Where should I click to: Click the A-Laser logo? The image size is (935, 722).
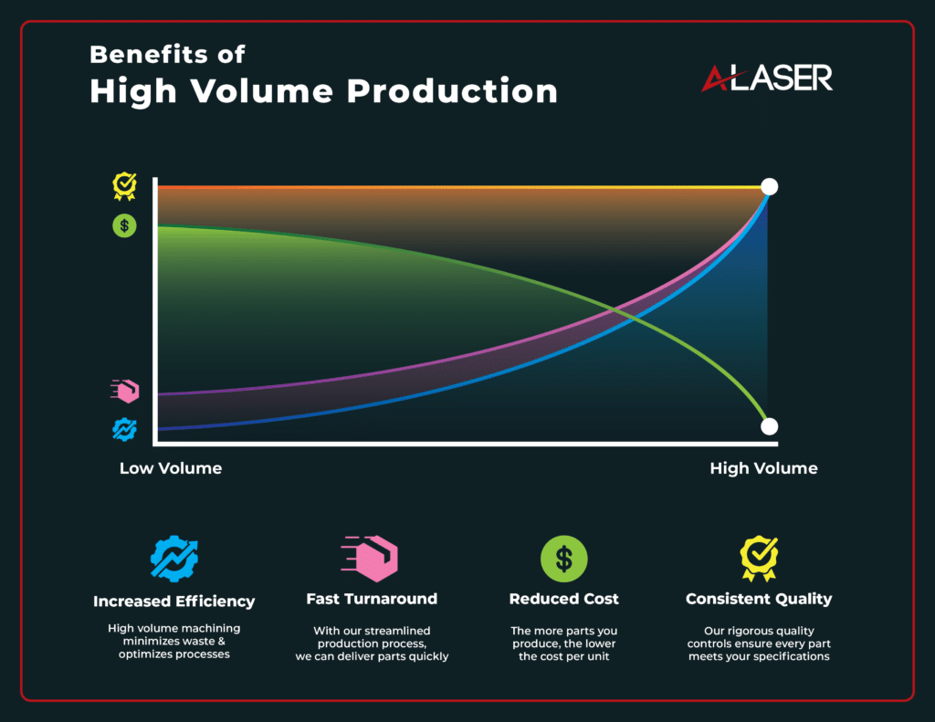coord(767,78)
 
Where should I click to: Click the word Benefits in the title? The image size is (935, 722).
coord(149,54)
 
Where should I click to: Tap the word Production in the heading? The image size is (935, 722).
coord(452,91)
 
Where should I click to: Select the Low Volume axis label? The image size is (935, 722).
coord(171,468)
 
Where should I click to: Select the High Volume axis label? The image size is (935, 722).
coord(763,468)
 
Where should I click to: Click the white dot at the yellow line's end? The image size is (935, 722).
coord(769,186)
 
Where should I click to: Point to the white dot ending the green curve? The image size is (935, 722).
coord(769,426)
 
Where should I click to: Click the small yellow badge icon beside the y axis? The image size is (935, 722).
coord(124,186)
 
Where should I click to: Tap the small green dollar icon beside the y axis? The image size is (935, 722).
coord(124,226)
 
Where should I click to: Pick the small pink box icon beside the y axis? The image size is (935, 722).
coord(125,391)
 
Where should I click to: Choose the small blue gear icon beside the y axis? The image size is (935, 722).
coord(124,429)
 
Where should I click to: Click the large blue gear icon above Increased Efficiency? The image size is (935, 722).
coord(174,559)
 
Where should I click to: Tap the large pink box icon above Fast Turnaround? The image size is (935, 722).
coord(370,559)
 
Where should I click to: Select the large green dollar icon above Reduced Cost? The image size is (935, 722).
coord(564,559)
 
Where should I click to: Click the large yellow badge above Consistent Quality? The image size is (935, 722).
coord(759,559)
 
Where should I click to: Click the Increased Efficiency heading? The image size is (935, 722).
coord(174,601)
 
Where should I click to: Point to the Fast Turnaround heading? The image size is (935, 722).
coord(372,599)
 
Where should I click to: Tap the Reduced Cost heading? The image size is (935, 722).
coord(564,599)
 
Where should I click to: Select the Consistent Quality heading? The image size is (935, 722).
coord(759,599)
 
